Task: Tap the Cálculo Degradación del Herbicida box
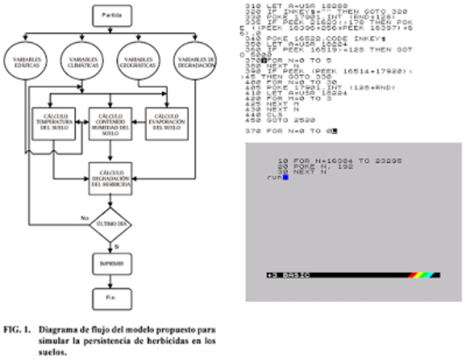(x=111, y=179)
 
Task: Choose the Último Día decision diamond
(x=110, y=224)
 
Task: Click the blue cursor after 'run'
(x=285, y=177)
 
